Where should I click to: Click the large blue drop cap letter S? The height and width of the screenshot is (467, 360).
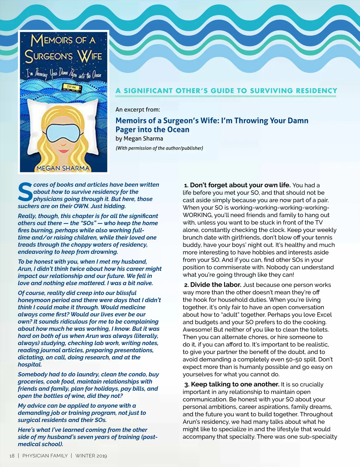pyautogui.click(x=25, y=192)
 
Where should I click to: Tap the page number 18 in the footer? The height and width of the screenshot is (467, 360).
pyautogui.click(x=12, y=456)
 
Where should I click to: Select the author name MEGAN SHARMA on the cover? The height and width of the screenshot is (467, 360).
pyautogui.click(x=63, y=168)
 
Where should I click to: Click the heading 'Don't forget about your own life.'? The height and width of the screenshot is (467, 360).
pyautogui.click(x=240, y=185)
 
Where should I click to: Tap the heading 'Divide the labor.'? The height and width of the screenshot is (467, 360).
pyautogui.click(x=216, y=285)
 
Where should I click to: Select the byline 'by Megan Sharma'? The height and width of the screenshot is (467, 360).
pyautogui.click(x=139, y=138)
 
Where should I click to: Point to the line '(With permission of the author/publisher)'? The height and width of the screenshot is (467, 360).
pyautogui.click(x=159, y=148)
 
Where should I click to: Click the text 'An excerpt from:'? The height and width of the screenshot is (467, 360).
pyautogui.click(x=138, y=109)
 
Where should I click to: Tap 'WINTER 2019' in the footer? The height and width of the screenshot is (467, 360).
pyautogui.click(x=91, y=456)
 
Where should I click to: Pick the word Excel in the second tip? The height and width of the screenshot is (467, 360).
pyautogui.click(x=324, y=315)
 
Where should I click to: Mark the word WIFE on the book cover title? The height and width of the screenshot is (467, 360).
pyautogui.click(x=89, y=56)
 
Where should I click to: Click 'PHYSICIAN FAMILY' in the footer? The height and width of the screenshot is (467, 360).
pyautogui.click(x=45, y=456)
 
